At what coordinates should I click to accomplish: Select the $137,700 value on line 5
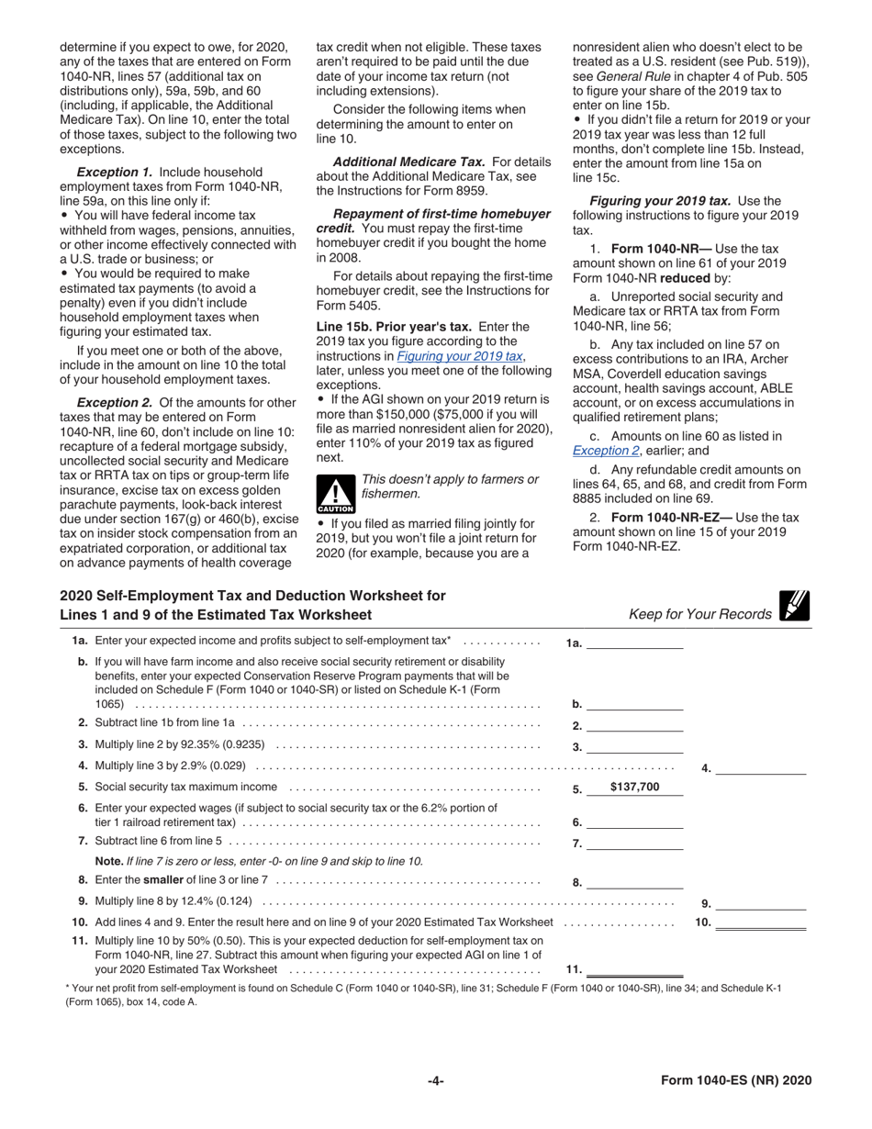(x=634, y=787)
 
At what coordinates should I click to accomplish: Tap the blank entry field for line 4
(x=760, y=768)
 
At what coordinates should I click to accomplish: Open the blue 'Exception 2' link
(x=605, y=451)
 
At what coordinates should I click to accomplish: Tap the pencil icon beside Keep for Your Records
(x=794, y=607)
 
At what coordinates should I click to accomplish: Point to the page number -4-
(x=436, y=1080)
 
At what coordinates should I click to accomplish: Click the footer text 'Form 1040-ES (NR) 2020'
(x=736, y=1080)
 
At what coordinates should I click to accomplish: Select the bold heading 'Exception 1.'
(x=116, y=172)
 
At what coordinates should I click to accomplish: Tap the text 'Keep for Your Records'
(x=699, y=614)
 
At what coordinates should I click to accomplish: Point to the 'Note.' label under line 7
(x=109, y=861)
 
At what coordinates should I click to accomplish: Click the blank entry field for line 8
(x=634, y=882)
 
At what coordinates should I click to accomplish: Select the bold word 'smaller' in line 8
(x=163, y=880)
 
